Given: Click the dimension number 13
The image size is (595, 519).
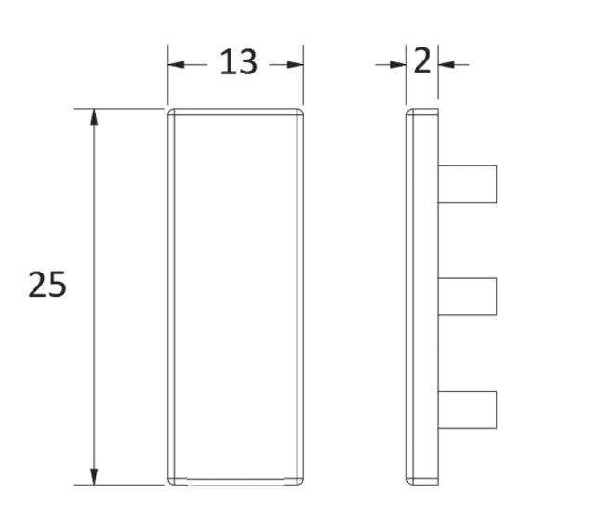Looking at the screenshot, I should [237, 63].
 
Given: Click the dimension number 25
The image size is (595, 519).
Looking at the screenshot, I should [47, 285].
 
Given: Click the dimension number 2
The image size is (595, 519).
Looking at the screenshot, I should [422, 62].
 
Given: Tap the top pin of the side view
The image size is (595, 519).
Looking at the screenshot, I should [468, 183].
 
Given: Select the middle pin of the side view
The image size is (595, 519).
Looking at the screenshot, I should [468, 297].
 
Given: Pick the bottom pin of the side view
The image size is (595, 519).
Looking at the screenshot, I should [468, 409].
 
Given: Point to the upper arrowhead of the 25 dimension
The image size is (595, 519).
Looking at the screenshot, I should [94, 117].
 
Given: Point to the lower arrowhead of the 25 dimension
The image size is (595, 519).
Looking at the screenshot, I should [94, 476].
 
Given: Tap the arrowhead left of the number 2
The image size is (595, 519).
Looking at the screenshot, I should [398, 64].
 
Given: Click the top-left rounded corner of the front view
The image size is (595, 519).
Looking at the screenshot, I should [172, 113].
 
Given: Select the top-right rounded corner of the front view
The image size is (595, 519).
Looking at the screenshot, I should [300, 113].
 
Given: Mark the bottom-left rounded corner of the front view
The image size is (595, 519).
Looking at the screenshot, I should [172, 481].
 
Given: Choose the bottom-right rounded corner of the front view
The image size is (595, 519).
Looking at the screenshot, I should [300, 481].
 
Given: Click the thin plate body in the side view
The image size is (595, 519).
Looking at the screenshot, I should [422, 297].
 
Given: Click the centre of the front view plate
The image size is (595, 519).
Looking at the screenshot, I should [236, 297].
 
